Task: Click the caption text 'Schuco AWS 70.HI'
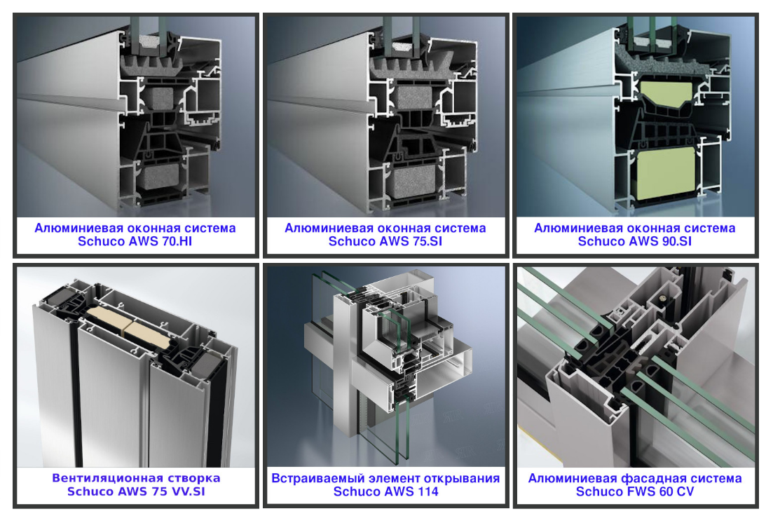coord(135,241)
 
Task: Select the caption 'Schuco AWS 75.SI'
coord(385,241)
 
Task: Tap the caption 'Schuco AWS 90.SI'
coord(634,241)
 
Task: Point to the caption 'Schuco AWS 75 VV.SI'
coord(136,491)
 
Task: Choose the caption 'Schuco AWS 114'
coord(385,491)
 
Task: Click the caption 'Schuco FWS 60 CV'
coord(635,491)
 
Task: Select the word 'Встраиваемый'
coord(310,478)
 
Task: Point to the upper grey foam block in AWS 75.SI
coord(413,97)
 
